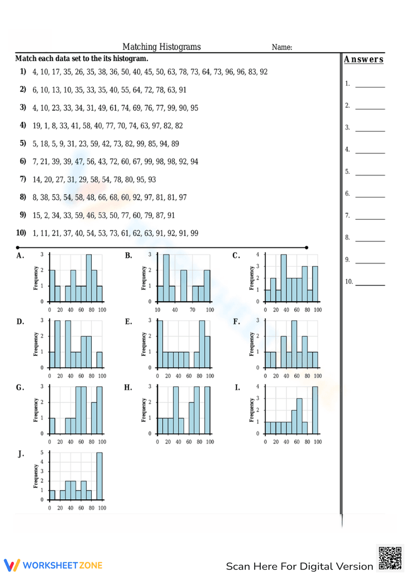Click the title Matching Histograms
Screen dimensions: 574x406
point(162,47)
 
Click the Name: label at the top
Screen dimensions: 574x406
point(282,47)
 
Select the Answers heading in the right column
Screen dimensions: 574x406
point(363,59)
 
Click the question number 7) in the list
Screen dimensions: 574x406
point(23,179)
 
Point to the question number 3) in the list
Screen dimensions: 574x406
point(23,107)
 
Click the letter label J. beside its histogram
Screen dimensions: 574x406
point(21,454)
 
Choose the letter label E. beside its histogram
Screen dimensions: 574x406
point(128,322)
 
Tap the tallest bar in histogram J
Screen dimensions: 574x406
point(99,476)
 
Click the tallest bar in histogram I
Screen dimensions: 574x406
point(315,410)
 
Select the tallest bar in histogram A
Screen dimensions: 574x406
point(89,278)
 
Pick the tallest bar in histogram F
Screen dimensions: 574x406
point(294,344)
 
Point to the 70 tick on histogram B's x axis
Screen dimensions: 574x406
point(192,310)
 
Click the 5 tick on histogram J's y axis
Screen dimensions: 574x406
point(42,453)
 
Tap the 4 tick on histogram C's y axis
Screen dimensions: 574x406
point(257,255)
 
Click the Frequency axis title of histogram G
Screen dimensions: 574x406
point(35,410)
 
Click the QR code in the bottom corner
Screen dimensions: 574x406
point(390,558)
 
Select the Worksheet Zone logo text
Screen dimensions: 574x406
point(63,565)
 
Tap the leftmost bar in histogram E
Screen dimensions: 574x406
point(160,344)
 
